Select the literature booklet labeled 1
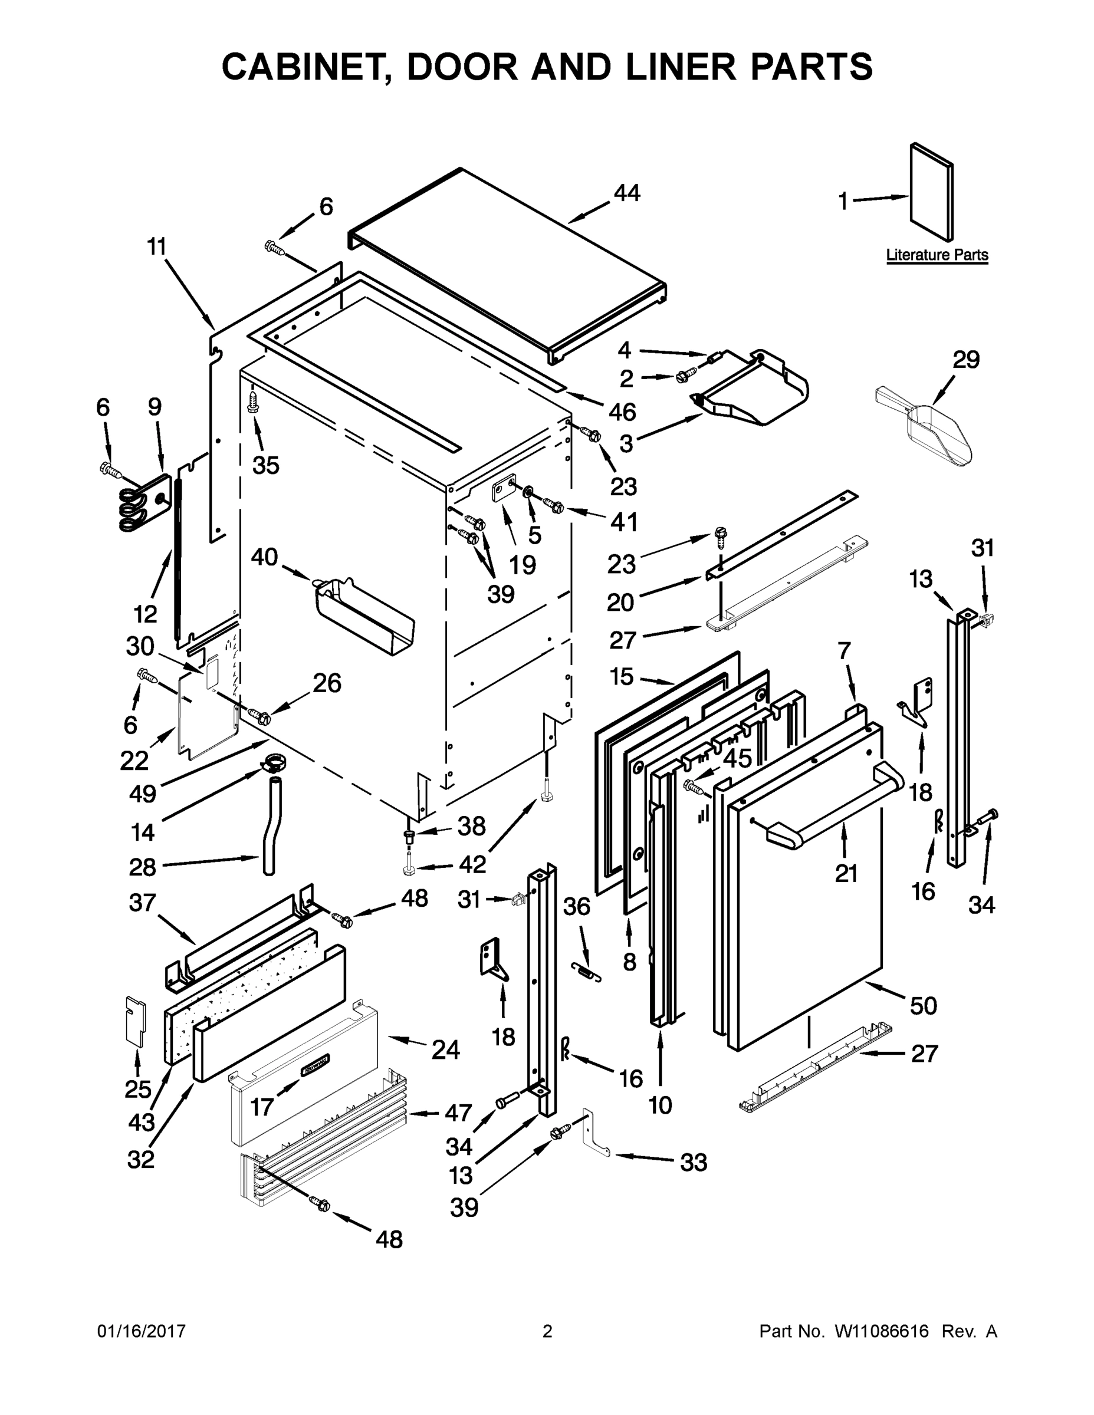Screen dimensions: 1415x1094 tap(932, 192)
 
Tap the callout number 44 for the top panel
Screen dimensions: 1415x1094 tap(627, 192)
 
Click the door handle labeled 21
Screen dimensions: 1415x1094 tap(836, 806)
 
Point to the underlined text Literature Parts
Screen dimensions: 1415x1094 tap(937, 255)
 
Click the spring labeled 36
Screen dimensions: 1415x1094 tap(586, 971)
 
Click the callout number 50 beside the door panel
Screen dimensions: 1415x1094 tap(923, 1005)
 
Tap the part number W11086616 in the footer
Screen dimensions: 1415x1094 tap(882, 1331)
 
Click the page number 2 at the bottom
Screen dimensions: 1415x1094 tap(547, 1331)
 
